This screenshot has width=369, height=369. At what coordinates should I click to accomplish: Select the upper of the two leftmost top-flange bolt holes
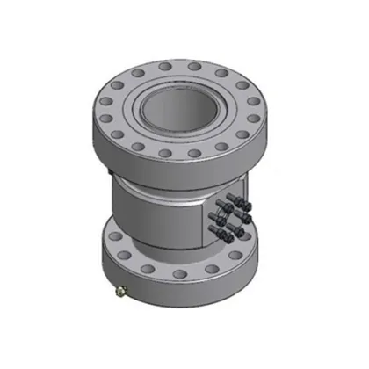click(x=104, y=99)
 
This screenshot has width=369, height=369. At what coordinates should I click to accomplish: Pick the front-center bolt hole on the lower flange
click(x=178, y=279)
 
